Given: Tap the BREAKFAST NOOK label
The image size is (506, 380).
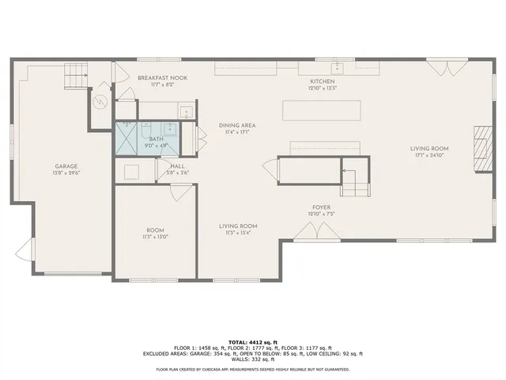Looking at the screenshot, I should click(162, 78).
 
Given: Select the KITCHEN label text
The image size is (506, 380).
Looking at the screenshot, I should click(323, 82).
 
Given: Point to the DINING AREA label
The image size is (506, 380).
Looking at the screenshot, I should click(237, 125).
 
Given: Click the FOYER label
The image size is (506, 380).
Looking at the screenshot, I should click(320, 206).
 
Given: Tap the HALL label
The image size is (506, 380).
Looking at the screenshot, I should click(178, 165).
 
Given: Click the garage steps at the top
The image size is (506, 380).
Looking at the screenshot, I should click(75, 75).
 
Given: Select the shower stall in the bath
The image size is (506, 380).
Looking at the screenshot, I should click(127, 139).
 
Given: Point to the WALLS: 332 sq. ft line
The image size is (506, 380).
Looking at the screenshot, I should click(252, 360).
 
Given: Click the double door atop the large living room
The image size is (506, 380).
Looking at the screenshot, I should click(440, 66).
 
